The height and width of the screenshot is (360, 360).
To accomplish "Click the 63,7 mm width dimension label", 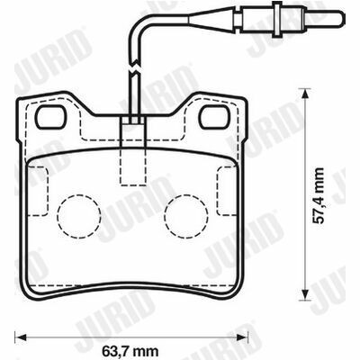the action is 130,351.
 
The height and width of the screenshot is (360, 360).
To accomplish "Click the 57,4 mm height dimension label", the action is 318,195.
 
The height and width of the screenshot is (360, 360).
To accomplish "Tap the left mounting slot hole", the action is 51,117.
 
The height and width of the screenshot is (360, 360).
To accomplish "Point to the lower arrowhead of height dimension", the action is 305,294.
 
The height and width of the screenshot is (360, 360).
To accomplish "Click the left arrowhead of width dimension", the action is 21,337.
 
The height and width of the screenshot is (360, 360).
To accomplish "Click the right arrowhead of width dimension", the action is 242,337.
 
